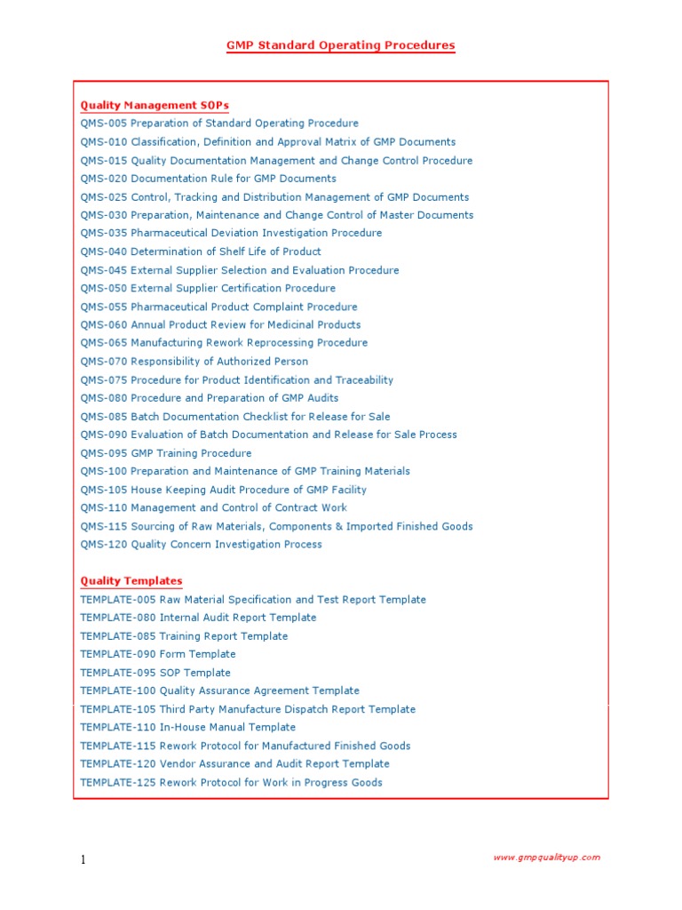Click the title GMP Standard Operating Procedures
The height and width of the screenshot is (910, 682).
pos(340,45)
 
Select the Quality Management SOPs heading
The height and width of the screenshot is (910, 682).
pos(155,106)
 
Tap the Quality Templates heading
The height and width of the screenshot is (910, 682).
pos(131,581)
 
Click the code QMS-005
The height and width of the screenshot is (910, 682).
pos(103,124)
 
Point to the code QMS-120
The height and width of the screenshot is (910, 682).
pos(103,545)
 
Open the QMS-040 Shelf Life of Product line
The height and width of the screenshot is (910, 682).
pos(201,251)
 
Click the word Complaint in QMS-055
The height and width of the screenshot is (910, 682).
pos(274,307)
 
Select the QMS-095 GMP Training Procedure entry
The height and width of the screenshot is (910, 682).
pos(166,453)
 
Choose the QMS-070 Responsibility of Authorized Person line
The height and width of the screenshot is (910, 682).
pos(194,362)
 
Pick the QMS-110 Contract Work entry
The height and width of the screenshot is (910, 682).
pos(214,508)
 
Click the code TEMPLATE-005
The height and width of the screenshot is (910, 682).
pos(117,600)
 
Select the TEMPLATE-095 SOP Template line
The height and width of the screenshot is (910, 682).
pos(155,673)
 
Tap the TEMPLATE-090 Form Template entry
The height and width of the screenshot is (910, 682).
pos(158,655)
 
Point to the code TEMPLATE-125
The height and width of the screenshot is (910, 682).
pos(117,783)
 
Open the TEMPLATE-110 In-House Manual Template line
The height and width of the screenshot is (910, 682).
pos(188,728)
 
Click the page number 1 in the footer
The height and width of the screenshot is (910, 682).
pos(83,859)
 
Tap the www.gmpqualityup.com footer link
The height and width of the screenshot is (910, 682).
pos(546,858)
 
